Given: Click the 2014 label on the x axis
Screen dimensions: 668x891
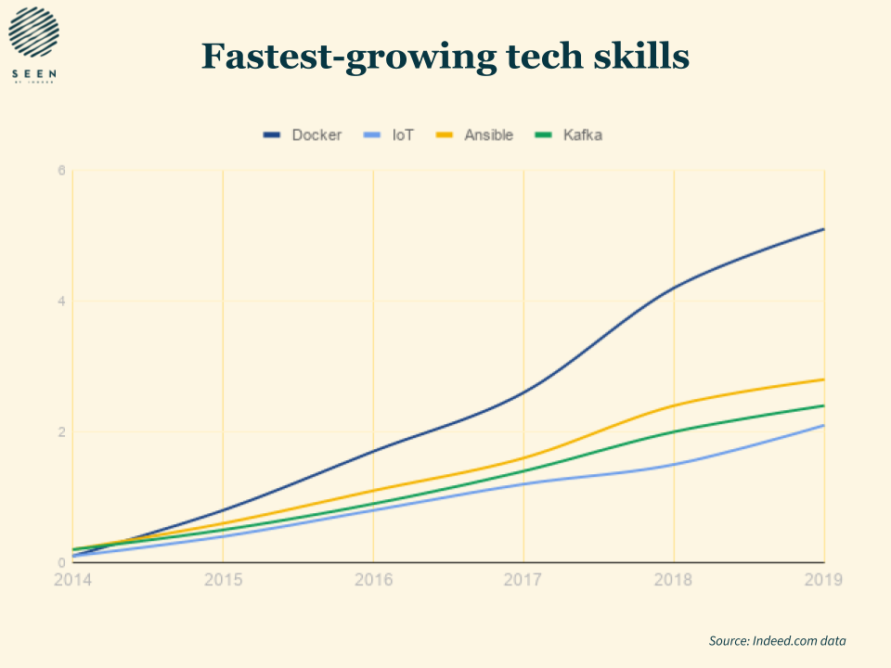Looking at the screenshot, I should [72, 580].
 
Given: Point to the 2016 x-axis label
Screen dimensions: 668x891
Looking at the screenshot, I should [373, 580].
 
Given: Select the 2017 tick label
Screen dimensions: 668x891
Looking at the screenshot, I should [523, 580].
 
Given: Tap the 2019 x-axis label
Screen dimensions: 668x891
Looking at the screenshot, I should [823, 580].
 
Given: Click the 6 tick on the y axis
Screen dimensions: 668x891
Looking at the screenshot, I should [61, 171].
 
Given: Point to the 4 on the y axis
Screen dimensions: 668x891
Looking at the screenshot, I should [61, 302].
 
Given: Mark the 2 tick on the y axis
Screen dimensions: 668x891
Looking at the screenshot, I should [61, 432].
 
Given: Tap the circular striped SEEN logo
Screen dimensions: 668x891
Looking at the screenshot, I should [33, 32].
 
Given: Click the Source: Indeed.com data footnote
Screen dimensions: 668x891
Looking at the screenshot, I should [778, 641].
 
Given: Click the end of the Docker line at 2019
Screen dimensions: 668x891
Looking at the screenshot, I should [823, 229].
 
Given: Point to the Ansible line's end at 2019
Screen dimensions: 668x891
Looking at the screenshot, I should [823, 379].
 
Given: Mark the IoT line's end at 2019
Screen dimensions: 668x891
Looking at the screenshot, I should [823, 425].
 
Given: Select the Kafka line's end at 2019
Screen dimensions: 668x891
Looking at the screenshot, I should [823, 405].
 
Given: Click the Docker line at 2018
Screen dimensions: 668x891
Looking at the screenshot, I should [674, 288].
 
